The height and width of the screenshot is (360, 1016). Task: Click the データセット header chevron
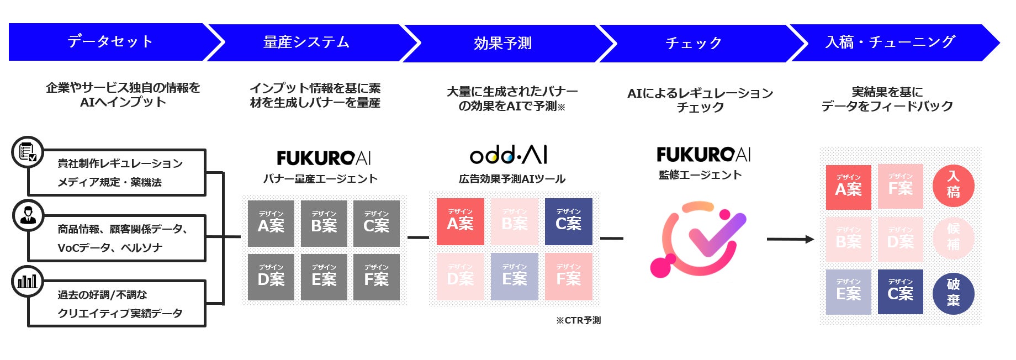pos(110,42)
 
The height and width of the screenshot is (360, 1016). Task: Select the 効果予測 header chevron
pos(502,43)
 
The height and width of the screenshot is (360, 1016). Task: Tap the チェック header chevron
pos(694,43)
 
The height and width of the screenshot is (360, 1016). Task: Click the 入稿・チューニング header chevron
pos(890,43)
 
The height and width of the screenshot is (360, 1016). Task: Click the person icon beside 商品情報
pos(28,215)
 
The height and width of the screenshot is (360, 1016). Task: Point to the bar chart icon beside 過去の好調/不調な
pos(28,281)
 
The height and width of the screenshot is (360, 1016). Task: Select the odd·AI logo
pos(509,156)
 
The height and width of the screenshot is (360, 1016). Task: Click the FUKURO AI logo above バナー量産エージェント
pos(324,158)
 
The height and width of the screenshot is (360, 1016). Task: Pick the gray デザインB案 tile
pos(324,223)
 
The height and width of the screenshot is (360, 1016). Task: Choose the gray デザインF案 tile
pos(377,277)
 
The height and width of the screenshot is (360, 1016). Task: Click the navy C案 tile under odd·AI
pos(568,221)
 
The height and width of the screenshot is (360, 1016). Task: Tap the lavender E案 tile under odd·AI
pos(514,277)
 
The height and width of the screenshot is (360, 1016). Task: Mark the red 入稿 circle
pos(953,185)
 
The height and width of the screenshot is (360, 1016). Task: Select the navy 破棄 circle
pos(953,293)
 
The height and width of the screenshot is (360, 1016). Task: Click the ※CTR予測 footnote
pos(579,320)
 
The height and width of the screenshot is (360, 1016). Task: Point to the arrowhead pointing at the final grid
pos(809,239)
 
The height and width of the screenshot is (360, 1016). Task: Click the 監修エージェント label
pos(700,175)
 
